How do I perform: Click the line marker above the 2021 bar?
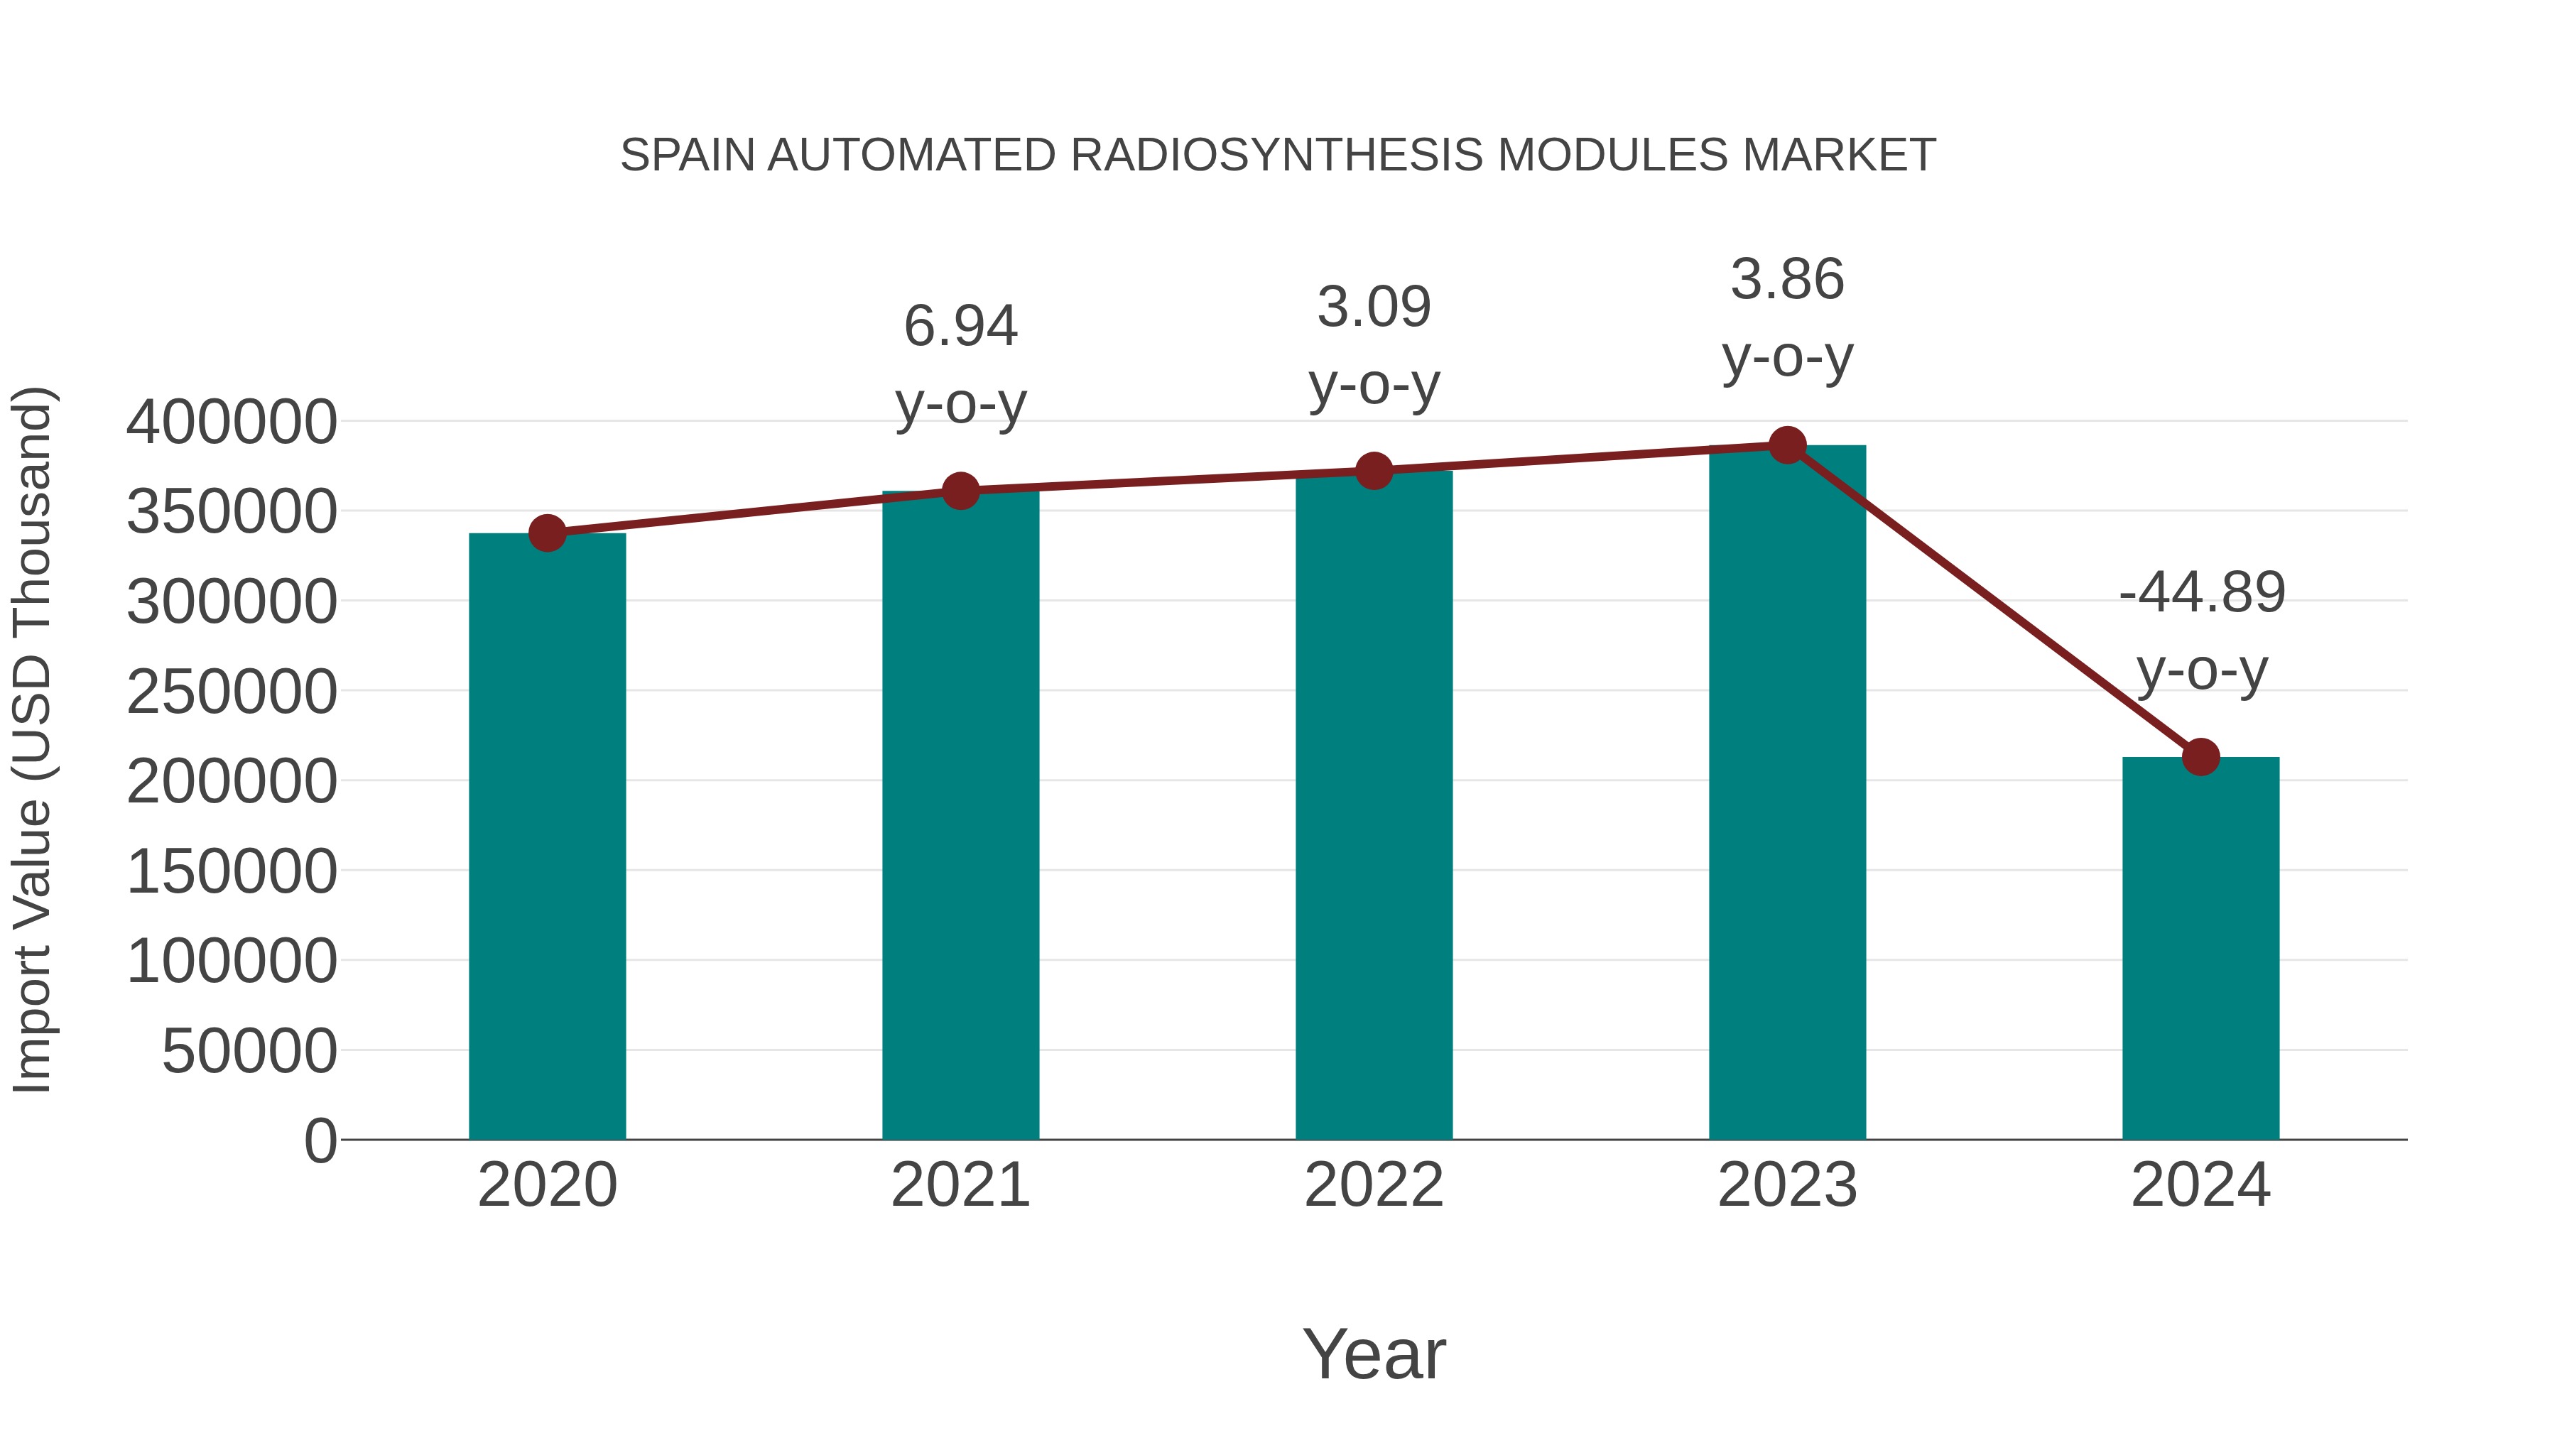point(960,490)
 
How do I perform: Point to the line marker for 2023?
point(1787,445)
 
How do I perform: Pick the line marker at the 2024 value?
point(2200,757)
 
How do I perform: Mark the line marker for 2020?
point(547,533)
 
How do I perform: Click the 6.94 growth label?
point(960,327)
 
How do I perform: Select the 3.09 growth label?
point(1374,307)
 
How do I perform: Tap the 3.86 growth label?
point(1787,279)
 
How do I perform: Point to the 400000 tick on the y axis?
point(232,422)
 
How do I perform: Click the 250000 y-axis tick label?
point(232,692)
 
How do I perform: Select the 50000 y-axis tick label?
point(249,1051)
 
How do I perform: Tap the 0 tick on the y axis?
point(320,1140)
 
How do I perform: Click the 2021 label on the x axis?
point(960,1185)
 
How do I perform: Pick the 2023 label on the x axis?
point(1787,1185)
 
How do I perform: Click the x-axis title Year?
point(1374,1353)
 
